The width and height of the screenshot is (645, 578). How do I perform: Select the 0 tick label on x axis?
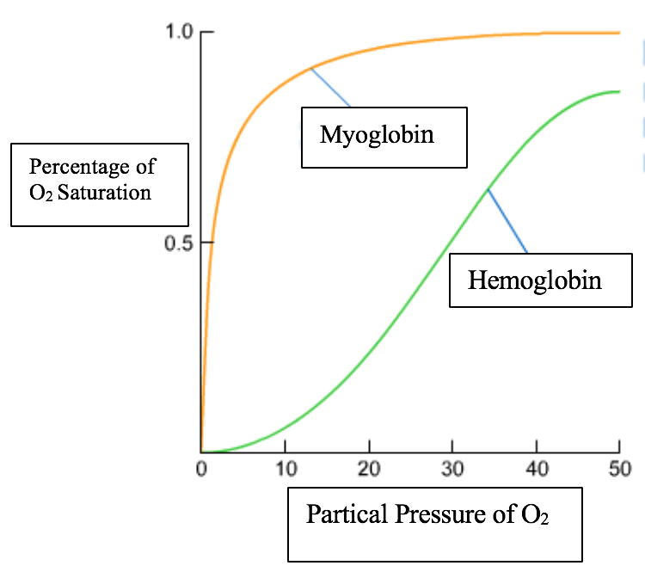tap(200, 470)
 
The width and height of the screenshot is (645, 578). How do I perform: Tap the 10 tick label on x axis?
tap(285, 470)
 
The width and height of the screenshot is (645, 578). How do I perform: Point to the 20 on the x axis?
tap(369, 470)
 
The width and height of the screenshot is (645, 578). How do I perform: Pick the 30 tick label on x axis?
tap(452, 470)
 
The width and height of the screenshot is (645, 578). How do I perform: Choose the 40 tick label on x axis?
tap(536, 470)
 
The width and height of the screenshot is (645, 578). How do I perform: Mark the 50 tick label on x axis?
tap(619, 470)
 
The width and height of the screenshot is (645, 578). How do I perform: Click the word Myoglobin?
tap(377, 135)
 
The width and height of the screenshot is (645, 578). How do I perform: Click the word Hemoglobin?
tap(534, 280)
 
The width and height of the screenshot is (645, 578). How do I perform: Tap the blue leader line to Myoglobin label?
tap(330, 87)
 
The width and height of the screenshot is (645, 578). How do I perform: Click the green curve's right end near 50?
tap(617, 91)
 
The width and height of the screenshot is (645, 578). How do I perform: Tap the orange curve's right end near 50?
tap(617, 33)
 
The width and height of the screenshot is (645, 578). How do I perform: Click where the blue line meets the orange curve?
tap(310, 68)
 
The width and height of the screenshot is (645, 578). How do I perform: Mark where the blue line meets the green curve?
tap(487, 189)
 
